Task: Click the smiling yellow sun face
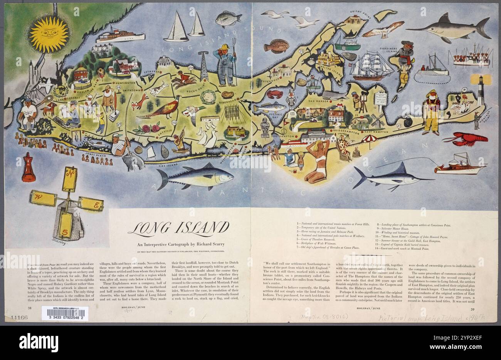(49, 34)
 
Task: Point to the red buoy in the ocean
(28, 167)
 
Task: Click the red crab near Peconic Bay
(275, 94)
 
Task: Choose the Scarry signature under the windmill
(60, 244)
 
